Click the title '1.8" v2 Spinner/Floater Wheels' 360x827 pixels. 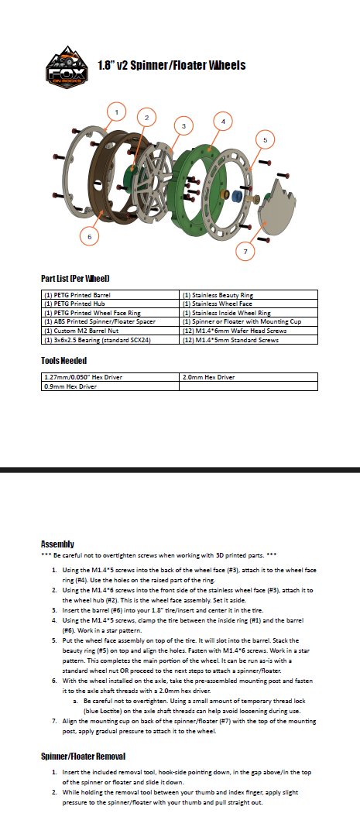(172, 65)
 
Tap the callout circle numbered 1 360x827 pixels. (116, 112)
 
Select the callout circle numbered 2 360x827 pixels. (145, 118)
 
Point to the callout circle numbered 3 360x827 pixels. (183, 125)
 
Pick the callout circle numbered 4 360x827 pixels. (223, 122)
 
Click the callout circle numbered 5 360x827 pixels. (266, 140)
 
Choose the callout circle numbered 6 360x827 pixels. (90, 235)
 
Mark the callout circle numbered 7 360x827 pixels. (245, 251)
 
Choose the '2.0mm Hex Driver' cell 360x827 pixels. (208, 377)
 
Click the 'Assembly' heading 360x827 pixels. (57, 544)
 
